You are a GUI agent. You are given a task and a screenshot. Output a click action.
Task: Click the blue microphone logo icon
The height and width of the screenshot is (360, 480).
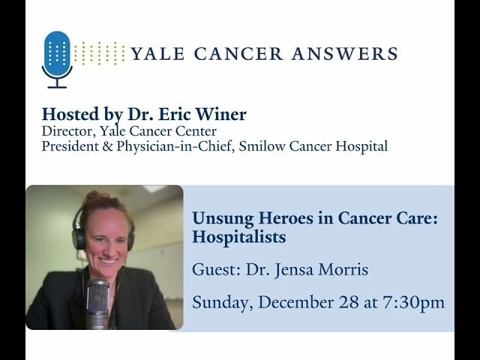coord(57,55)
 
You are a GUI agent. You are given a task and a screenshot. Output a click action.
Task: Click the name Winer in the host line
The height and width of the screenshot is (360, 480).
coord(225,115)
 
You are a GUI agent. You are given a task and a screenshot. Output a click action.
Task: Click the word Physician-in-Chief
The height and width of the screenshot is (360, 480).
coord(161,146)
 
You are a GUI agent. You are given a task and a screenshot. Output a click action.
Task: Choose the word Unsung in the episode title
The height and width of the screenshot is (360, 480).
coord(218,219)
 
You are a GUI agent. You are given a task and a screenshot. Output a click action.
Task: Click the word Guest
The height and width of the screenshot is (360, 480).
coord(213,270)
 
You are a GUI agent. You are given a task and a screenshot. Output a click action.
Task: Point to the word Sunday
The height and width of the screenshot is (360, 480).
coord(218,303)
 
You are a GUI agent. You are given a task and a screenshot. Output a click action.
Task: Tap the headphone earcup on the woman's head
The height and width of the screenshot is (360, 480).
coord(79,236)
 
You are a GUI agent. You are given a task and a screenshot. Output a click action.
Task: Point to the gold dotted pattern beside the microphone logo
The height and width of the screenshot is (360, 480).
coord(99,53)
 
